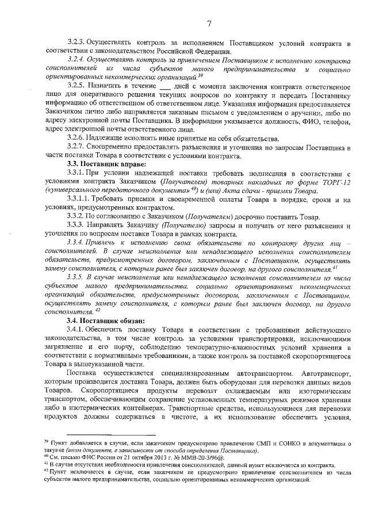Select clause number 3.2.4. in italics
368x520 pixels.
point(78,59)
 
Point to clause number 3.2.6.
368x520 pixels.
point(78,138)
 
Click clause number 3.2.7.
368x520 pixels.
point(78,148)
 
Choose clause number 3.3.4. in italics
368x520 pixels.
point(78,242)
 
